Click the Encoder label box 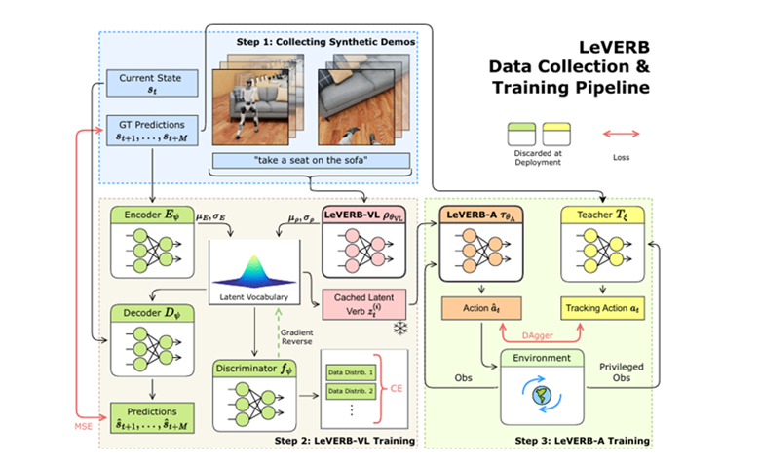pyautogui.click(x=151, y=214)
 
